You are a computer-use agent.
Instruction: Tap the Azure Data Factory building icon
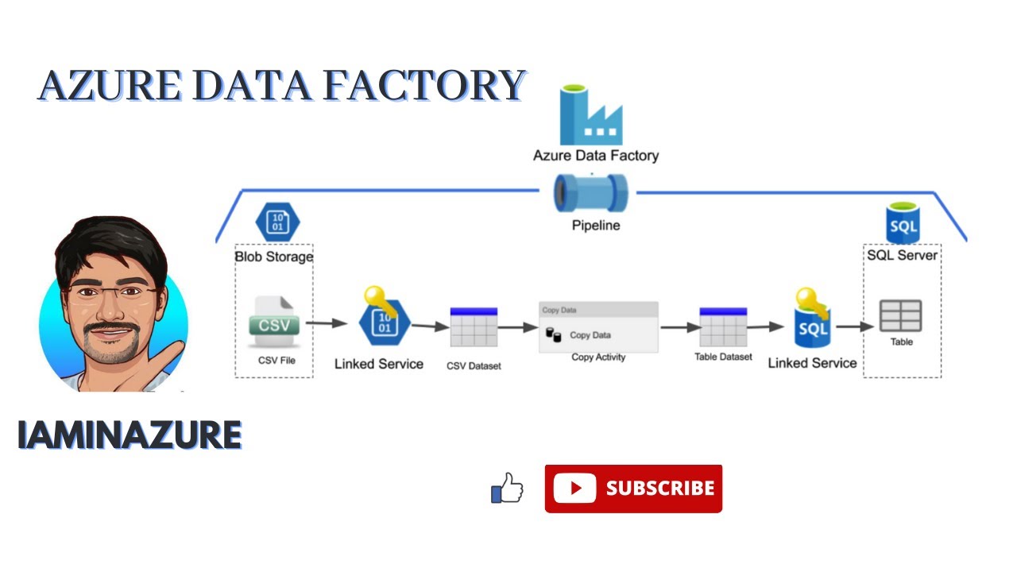tap(591, 115)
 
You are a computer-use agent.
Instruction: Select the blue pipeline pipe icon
tap(590, 193)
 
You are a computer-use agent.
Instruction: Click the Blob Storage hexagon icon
tap(277, 222)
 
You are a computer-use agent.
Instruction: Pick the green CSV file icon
tap(274, 322)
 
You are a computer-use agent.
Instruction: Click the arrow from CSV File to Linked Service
tap(327, 323)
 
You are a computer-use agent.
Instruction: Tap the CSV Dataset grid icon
tap(474, 327)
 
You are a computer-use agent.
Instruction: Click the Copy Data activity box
tap(598, 327)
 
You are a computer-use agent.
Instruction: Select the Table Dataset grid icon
tap(723, 327)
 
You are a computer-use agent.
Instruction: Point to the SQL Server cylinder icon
tap(903, 223)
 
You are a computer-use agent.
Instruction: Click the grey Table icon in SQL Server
tap(901, 315)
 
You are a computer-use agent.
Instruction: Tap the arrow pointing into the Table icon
tap(855, 327)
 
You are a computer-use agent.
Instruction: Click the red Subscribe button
tap(633, 489)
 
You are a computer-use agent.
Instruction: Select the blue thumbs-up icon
tap(507, 488)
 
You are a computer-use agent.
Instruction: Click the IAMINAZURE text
tap(130, 435)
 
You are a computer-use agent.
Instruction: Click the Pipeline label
tap(596, 225)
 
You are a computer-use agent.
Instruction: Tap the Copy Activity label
tap(598, 357)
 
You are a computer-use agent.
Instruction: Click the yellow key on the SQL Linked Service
tap(812, 302)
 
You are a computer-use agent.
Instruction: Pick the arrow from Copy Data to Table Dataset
tap(681, 327)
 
